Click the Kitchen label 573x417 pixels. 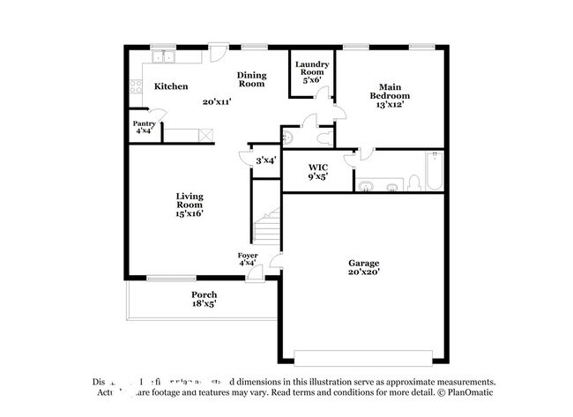[171, 86]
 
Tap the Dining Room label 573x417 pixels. [251, 79]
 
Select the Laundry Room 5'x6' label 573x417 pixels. [312, 71]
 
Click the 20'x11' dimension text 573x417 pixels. [216, 102]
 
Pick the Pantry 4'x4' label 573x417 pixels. [144, 128]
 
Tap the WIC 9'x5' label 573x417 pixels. [318, 171]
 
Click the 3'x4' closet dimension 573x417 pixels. [265, 160]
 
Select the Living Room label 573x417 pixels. [190, 205]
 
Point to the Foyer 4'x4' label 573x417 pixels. [248, 258]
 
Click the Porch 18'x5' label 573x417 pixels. [204, 299]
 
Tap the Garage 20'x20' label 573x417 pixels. [363, 268]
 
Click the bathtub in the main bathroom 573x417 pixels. [433, 173]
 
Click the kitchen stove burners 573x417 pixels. [135, 86]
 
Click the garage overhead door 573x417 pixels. [363, 357]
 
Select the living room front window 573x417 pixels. [171, 279]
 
